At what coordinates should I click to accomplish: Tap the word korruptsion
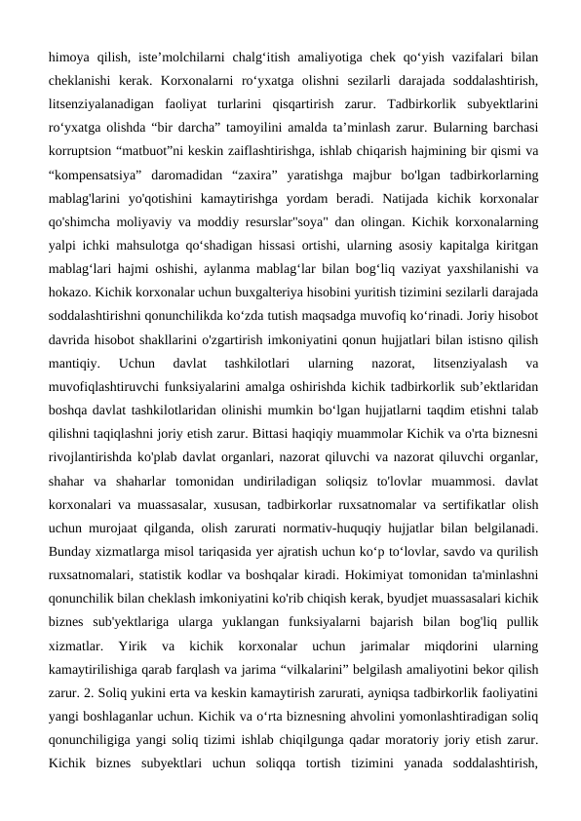[x=81, y=153]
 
